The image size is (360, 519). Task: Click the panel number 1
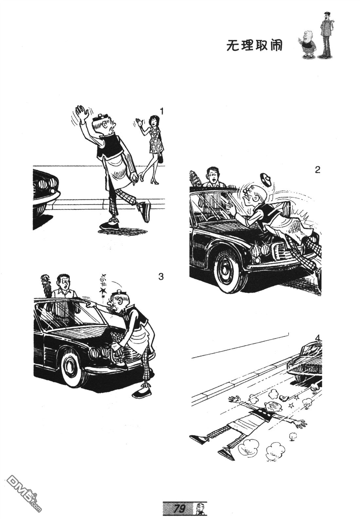[x=162, y=112]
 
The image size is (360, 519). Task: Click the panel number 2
[x=317, y=170]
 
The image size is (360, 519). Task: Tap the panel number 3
[x=161, y=277]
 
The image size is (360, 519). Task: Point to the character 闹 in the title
[x=276, y=45]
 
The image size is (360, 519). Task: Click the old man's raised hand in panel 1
[x=82, y=113]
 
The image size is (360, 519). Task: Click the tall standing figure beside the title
[x=327, y=35]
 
